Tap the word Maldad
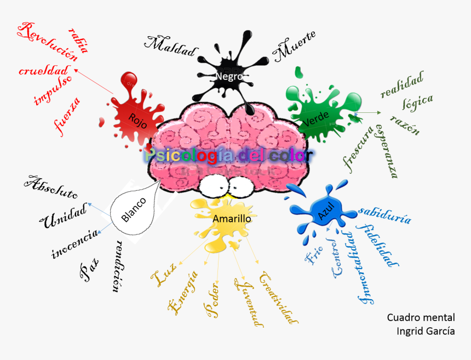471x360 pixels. (x=170, y=47)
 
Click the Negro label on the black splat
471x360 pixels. (x=229, y=76)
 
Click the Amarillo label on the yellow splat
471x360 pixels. (x=232, y=219)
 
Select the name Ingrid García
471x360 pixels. (x=426, y=331)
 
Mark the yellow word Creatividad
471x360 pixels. (x=279, y=298)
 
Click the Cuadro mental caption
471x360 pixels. (x=421, y=317)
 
